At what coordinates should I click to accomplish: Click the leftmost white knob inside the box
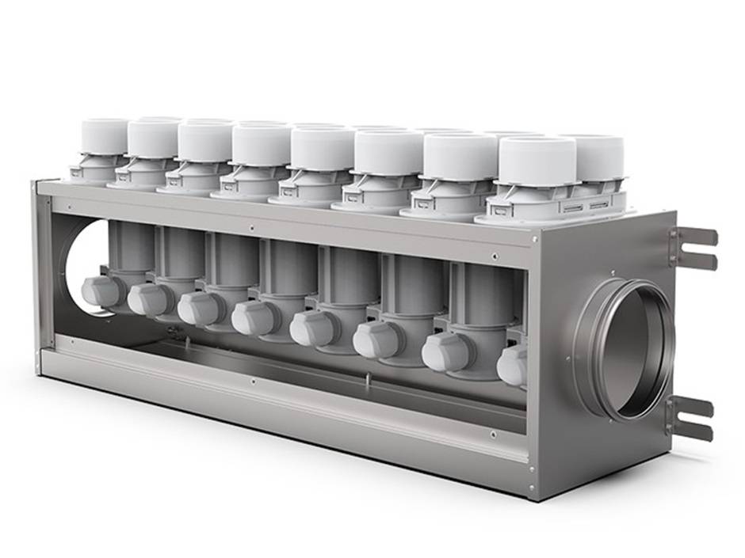(x=102, y=291)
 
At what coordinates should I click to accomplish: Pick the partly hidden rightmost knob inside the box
(x=512, y=366)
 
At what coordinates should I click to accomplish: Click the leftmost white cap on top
(x=104, y=137)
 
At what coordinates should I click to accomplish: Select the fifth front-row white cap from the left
(x=322, y=148)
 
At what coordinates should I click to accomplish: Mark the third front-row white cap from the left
(x=204, y=141)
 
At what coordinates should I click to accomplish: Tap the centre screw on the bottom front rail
(x=252, y=381)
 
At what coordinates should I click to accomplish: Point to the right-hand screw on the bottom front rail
(x=493, y=434)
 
